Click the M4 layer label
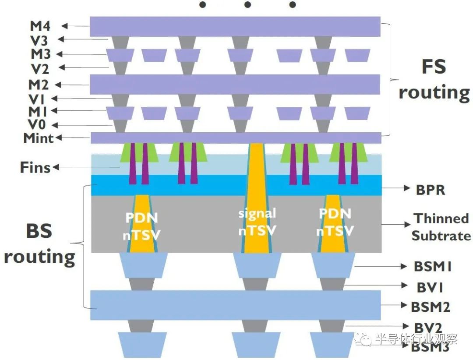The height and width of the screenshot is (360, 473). [x=40, y=26]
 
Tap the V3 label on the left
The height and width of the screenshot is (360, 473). [x=39, y=40]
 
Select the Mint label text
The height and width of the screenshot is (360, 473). [x=38, y=138]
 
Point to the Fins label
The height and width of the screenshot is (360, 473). [x=35, y=167]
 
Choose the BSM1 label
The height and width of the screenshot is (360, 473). [x=433, y=267]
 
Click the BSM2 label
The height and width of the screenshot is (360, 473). [x=431, y=307]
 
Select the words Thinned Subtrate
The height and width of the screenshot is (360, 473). [x=441, y=227]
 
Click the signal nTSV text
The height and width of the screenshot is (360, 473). [x=257, y=222]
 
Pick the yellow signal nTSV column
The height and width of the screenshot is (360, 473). [x=257, y=198]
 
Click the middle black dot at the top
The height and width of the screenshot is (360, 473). [x=247, y=4]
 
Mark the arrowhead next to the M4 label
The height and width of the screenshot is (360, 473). [x=64, y=26]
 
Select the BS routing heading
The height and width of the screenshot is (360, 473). [x=39, y=244]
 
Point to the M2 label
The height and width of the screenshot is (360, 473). [x=39, y=85]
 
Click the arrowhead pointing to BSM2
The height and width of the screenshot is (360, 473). [x=404, y=305]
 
